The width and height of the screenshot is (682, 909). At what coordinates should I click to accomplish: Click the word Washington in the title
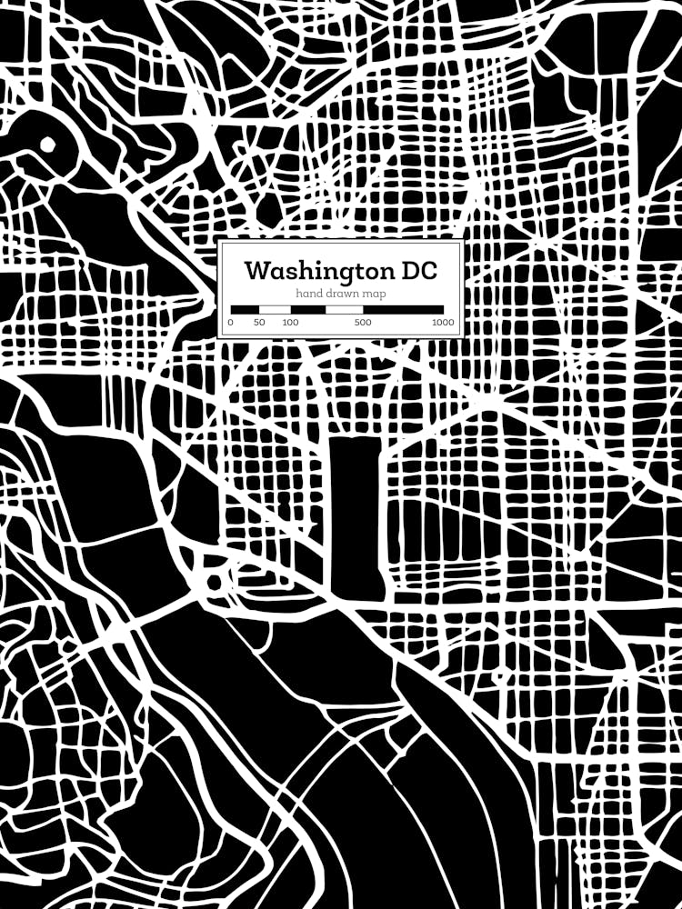[315, 271]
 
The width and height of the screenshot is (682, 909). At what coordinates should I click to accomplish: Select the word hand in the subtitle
[308, 294]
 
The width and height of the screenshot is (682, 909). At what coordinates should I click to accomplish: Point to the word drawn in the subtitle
[341, 294]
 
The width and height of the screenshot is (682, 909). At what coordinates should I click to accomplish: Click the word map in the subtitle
[375, 294]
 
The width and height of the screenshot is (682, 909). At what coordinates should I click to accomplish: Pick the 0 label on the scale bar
[230, 322]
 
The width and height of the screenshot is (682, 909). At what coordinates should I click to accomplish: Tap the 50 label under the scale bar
[259, 322]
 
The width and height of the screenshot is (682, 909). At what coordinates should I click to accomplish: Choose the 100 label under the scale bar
[290, 322]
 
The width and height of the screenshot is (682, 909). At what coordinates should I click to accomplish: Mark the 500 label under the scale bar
[363, 322]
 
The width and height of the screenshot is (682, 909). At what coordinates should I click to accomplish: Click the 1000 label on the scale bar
[443, 322]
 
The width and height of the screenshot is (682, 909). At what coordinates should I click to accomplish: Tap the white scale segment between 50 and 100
[276, 310]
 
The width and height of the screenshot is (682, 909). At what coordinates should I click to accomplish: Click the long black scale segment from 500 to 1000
[404, 310]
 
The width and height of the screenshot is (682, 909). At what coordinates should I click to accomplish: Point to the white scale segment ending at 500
[345, 310]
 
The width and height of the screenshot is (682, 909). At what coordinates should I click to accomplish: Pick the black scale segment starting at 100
[308, 310]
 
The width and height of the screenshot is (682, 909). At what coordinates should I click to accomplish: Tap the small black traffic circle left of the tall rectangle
[216, 581]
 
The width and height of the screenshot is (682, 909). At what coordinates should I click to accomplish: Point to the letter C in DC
[426, 271]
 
